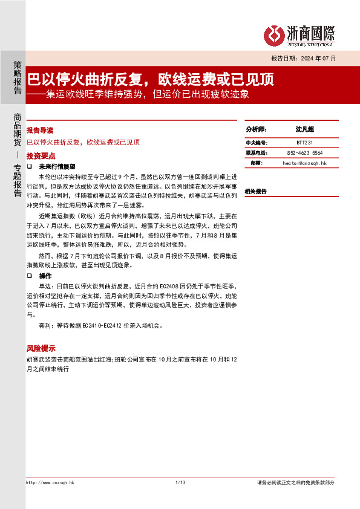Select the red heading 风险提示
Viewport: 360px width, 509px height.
[40, 349]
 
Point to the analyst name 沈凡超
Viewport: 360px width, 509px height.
[304, 129]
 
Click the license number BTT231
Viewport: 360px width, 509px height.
[304, 143]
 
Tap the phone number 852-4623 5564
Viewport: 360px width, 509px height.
[304, 153]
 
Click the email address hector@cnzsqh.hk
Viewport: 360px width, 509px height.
[304, 163]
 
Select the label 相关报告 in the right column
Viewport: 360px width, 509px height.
[256, 191]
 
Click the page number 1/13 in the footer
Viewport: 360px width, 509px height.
[180, 482]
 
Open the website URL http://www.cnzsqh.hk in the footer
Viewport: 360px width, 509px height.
[50, 482]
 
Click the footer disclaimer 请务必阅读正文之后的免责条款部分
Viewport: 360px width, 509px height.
[295, 482]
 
